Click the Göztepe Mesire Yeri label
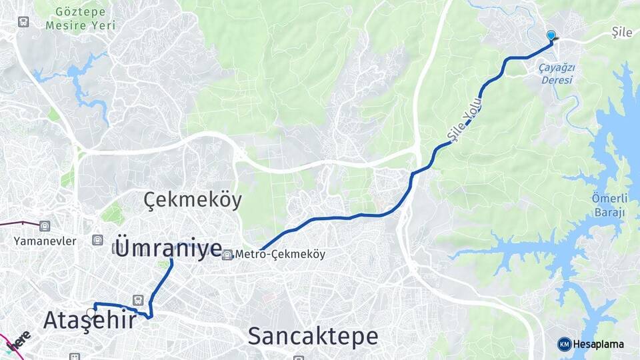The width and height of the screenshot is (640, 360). pyautogui.click(x=81, y=18)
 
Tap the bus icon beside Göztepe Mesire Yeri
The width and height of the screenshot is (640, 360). pyautogui.click(x=23, y=21)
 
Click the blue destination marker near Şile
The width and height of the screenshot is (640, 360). pyautogui.click(x=551, y=36)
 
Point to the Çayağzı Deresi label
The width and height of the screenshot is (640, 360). pyautogui.click(x=557, y=73)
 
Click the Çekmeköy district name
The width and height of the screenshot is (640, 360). pyautogui.click(x=193, y=199)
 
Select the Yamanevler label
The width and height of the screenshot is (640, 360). pyautogui.click(x=45, y=241)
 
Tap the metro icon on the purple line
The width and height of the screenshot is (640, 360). pyautogui.click(x=45, y=226)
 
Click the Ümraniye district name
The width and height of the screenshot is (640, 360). pyautogui.click(x=169, y=247)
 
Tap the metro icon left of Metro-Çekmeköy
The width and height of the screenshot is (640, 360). pyautogui.click(x=228, y=254)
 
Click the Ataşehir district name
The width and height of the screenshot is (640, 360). pyautogui.click(x=89, y=321)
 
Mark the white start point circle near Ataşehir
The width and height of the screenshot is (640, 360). pyautogui.click(x=91, y=312)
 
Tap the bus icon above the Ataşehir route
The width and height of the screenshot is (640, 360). pyautogui.click(x=138, y=300)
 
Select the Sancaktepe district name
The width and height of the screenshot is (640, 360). pyautogui.click(x=312, y=336)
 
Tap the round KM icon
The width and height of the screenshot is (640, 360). pyautogui.click(x=564, y=344)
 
